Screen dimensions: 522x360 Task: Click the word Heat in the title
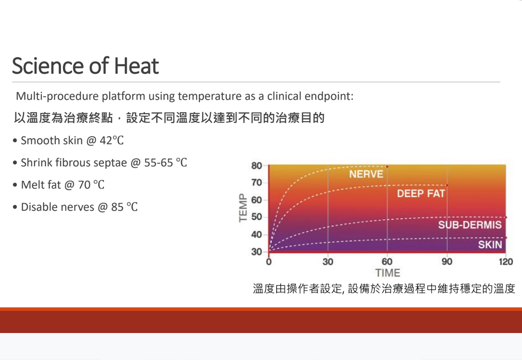coord(136,66)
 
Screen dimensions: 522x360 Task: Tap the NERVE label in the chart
coord(366,174)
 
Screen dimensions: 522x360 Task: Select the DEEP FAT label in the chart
coord(421,193)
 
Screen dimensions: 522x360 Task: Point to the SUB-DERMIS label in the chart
coord(470,224)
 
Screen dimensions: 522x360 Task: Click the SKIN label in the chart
coord(490,244)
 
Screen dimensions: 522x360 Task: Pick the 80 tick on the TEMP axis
coord(257,166)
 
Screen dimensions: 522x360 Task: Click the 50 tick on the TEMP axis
coord(257,217)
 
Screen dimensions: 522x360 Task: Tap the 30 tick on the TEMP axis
coord(257,252)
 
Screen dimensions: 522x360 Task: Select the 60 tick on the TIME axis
coord(387,261)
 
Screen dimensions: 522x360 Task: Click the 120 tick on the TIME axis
coord(506,261)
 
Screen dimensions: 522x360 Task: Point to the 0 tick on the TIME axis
coord(269,261)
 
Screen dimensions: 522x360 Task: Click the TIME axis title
coord(388,273)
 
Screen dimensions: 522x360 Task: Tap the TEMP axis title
coord(243,208)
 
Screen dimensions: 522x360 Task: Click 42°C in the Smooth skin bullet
coord(112,141)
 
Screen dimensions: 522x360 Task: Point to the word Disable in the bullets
coord(40,207)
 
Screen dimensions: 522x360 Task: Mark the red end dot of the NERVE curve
coord(387,167)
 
